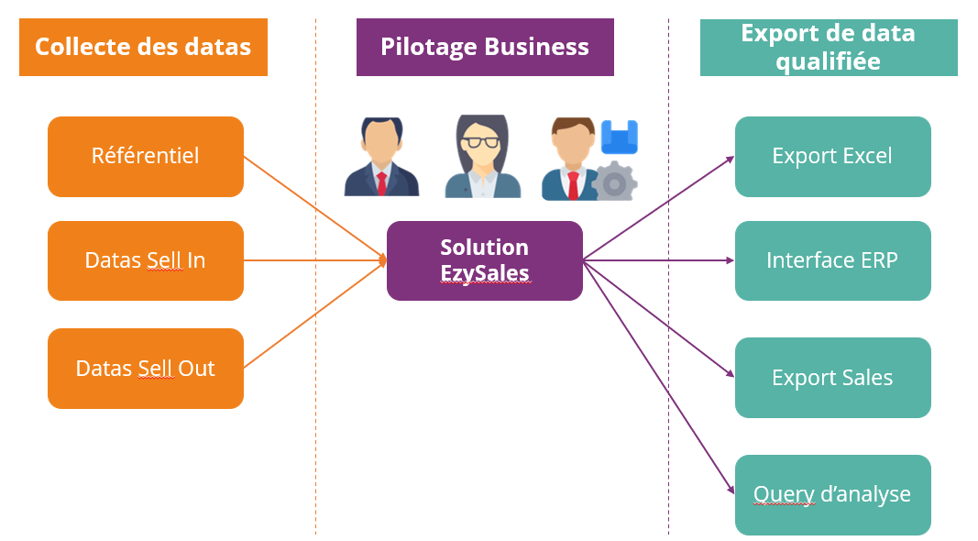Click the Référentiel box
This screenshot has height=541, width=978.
point(146,156)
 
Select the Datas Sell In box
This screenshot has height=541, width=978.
point(146,260)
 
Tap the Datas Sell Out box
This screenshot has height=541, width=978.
point(146,369)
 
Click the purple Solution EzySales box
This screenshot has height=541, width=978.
point(485,260)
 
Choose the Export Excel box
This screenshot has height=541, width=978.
point(832,156)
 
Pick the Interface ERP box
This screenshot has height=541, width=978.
point(832,260)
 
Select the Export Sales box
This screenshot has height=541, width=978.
point(832,378)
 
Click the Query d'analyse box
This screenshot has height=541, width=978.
point(832,495)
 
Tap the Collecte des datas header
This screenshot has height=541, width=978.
point(143,47)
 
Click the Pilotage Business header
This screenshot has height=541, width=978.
point(485,47)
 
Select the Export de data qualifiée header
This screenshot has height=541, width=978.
point(829,47)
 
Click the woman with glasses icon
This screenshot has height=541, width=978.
point(482,157)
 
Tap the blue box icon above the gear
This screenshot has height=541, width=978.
point(620,137)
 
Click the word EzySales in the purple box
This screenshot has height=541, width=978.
point(484,272)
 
